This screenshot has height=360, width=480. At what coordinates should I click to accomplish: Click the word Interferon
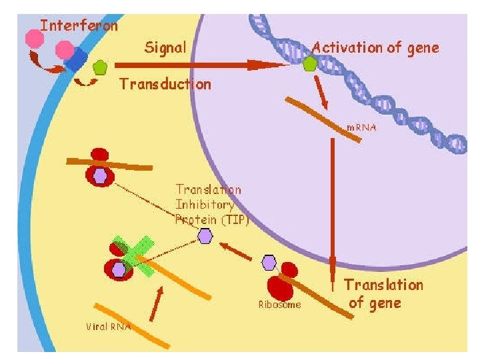79,26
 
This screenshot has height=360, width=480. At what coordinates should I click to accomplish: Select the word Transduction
165,84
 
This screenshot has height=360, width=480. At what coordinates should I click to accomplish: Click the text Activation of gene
375,47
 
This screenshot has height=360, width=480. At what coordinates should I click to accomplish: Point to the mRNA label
361,127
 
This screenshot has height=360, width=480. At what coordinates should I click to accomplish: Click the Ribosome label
279,305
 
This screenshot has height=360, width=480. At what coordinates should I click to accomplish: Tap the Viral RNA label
109,327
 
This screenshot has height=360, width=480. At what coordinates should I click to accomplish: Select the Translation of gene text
383,294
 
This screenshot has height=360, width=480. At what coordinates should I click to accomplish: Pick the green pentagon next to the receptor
101,67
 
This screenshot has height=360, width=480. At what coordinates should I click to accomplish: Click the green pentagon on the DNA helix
309,64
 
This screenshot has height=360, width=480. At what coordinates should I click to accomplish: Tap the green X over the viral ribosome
131,256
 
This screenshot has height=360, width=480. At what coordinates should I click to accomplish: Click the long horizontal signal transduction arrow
200,65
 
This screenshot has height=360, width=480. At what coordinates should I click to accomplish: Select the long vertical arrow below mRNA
332,207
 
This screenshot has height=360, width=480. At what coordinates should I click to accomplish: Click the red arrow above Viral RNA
157,303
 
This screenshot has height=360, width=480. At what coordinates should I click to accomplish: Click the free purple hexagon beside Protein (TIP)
205,235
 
